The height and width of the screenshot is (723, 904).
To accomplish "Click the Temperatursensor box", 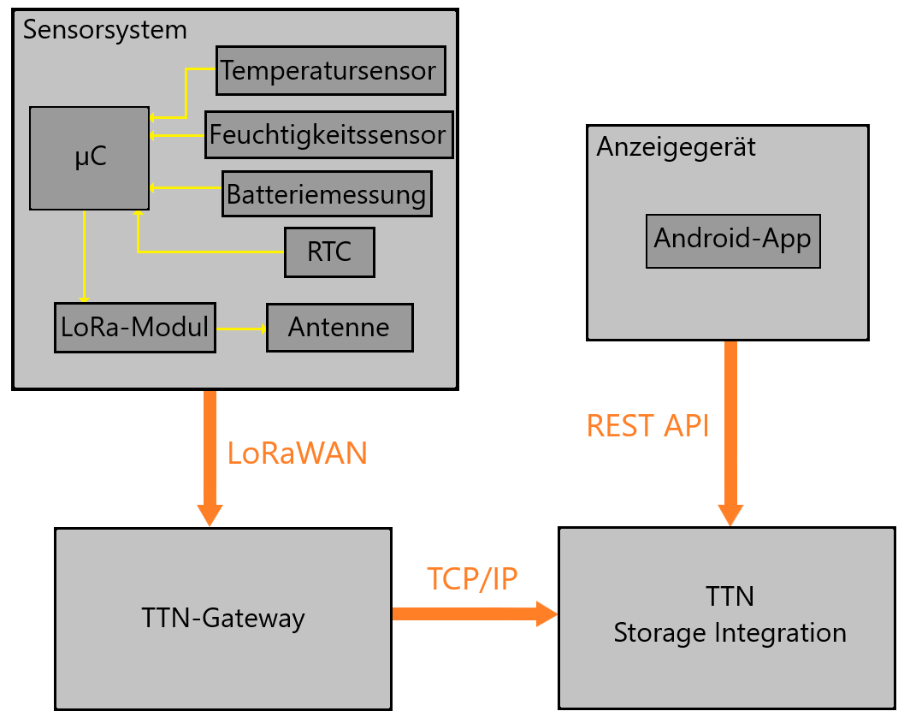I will (330, 70).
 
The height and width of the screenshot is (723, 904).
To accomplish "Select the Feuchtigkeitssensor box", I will (328, 134).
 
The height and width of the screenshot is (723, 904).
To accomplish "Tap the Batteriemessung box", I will (326, 194).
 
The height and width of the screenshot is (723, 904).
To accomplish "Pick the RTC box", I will (329, 252).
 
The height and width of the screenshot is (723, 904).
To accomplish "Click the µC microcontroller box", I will (89, 157).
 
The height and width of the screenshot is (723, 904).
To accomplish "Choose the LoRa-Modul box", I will (134, 327).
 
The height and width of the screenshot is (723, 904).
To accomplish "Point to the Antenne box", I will (339, 327).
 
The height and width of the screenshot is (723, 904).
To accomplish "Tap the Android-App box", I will (732, 239).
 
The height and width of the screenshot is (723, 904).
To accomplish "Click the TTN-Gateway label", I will (223, 618).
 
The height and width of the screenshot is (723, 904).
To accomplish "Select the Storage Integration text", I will (730, 633).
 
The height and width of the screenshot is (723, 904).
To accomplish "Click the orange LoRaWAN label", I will (297, 453).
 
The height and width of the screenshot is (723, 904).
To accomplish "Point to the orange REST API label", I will (647, 425).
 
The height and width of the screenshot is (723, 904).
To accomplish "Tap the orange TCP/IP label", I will (472, 579).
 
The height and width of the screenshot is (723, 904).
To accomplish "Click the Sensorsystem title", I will (104, 30).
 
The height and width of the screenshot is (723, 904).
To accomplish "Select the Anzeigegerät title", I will (676, 146).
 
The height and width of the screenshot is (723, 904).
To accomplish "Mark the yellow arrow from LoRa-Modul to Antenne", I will (240, 329).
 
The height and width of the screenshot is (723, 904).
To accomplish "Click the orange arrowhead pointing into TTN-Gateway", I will (210, 515).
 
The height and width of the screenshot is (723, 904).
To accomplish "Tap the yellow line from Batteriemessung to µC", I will (186, 187).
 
